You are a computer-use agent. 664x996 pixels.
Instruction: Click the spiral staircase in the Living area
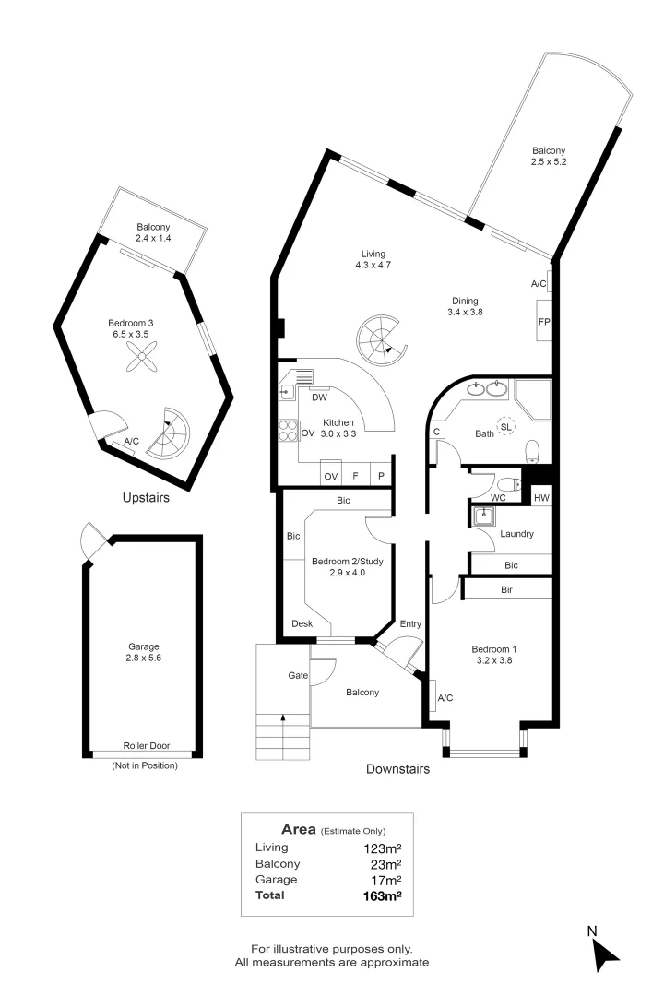380,338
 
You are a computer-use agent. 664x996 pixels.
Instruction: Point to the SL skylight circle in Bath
506,426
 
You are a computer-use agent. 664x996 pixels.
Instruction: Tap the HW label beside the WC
541,498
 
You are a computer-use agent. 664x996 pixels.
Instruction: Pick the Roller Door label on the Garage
146,746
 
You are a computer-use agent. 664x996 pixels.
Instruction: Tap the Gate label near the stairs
297,676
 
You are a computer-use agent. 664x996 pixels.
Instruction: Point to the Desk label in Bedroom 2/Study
301,624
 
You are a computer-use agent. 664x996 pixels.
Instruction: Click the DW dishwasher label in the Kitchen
320,397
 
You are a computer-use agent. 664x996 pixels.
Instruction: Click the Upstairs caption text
146,498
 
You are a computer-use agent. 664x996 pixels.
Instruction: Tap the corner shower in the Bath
532,397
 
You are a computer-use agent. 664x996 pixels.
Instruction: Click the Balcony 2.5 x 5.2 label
548,157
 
